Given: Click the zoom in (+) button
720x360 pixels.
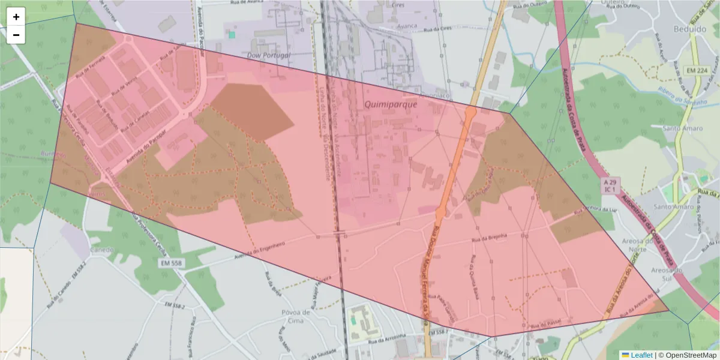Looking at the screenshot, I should point(16,17).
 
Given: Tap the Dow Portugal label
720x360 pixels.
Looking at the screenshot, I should point(269,55).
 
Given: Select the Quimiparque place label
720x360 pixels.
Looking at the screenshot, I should point(391,104).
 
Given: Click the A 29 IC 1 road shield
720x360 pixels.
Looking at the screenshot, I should point(610,185).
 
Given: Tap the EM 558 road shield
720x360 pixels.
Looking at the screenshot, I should point(172,263).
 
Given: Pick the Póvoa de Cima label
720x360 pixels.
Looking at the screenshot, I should point(296,316).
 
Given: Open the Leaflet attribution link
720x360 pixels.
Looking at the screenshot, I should point(641,355).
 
